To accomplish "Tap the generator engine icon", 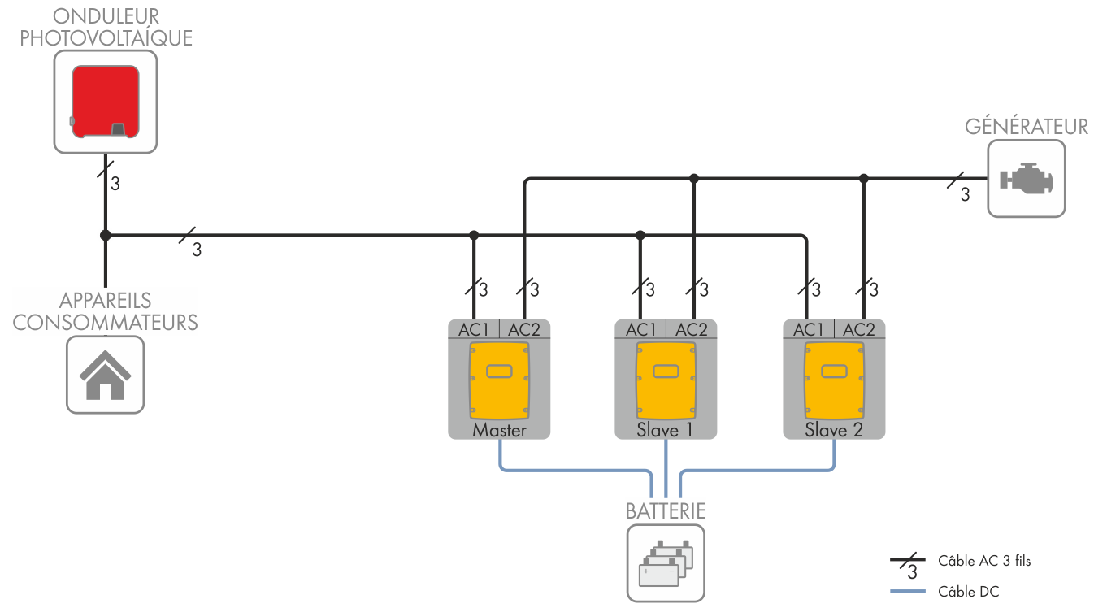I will click(x=1026, y=178).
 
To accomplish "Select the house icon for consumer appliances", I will click(x=105, y=375).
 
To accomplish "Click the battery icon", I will click(x=665, y=562).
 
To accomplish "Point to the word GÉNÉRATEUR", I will click(x=1027, y=127).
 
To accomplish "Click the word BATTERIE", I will click(x=665, y=511).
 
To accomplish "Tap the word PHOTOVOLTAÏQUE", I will click(x=106, y=38).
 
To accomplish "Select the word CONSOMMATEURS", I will click(x=106, y=322).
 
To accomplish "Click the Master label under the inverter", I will click(x=499, y=430).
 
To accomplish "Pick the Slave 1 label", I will click(x=665, y=430).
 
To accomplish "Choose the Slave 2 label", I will click(x=834, y=430).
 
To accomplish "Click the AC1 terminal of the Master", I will click(x=474, y=329).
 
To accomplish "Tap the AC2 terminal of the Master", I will click(x=524, y=329).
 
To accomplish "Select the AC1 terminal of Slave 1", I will click(x=640, y=329).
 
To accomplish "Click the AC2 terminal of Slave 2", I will click(x=859, y=329).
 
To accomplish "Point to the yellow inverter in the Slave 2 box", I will click(x=834, y=378).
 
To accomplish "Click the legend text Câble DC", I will click(x=968, y=592).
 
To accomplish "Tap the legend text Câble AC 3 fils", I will click(x=984, y=561).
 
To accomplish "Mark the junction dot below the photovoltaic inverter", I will click(x=105, y=236).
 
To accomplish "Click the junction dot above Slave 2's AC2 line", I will click(x=864, y=178).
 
